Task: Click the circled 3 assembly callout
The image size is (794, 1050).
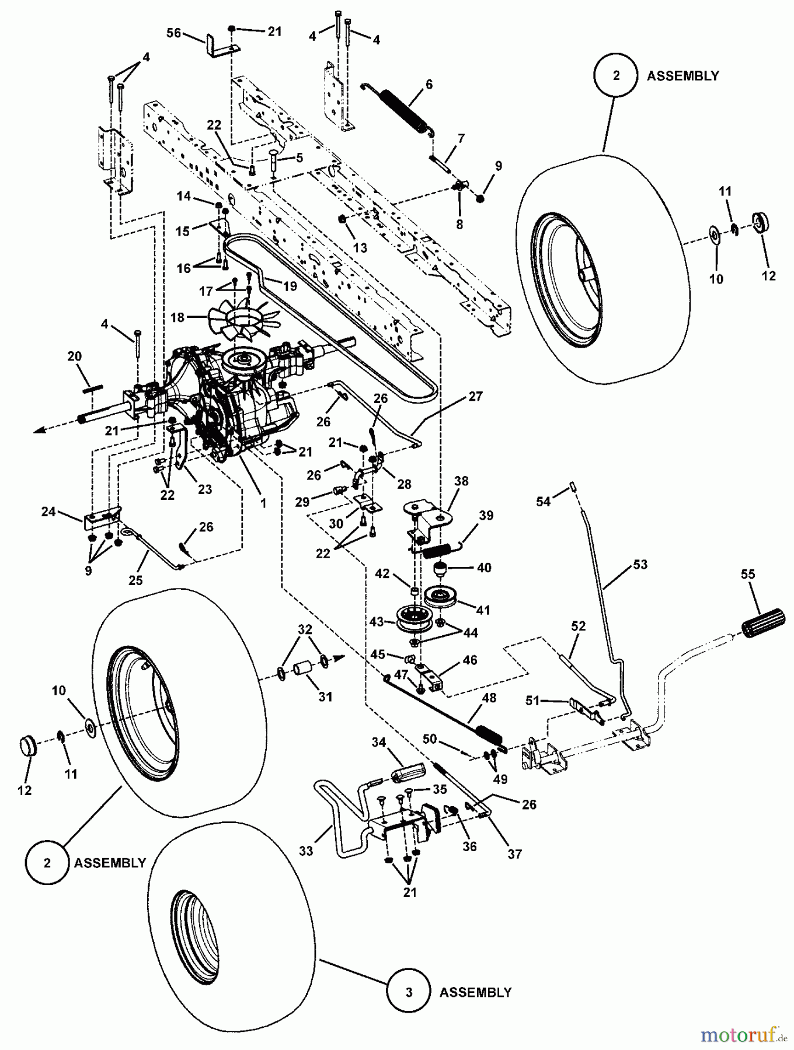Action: pyautogui.click(x=408, y=992)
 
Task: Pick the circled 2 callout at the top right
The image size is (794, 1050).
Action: pyautogui.click(x=616, y=76)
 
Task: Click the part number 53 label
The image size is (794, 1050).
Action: pyautogui.click(x=640, y=565)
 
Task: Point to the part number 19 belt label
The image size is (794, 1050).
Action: pyautogui.click(x=290, y=286)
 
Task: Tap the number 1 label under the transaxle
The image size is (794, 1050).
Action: pyautogui.click(x=263, y=502)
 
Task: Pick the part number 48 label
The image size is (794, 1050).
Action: pyautogui.click(x=489, y=698)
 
